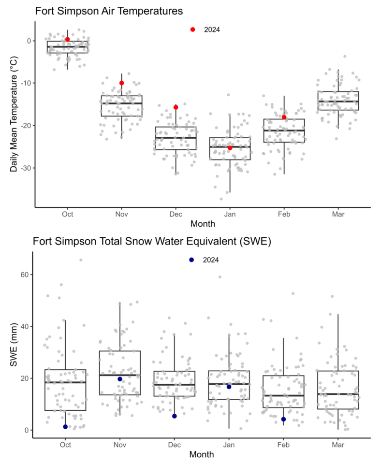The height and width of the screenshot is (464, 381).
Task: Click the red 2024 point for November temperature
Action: [x=122, y=83]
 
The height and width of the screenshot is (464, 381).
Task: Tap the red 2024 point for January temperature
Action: [x=230, y=148]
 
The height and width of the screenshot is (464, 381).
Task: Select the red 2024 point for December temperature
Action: [x=176, y=107]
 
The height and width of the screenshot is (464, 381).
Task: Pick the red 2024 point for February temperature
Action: [x=284, y=117]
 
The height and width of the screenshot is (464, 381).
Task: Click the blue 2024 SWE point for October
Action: [x=65, y=427]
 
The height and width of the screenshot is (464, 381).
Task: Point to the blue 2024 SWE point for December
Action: [x=175, y=416]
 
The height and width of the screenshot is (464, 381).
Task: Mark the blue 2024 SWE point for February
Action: [x=284, y=419]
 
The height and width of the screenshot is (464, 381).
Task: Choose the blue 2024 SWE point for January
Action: [x=229, y=387]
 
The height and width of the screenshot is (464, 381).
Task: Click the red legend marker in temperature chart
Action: [x=193, y=29]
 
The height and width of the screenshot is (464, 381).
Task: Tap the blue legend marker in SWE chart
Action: [x=192, y=260]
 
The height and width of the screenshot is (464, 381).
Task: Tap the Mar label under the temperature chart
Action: [x=338, y=214]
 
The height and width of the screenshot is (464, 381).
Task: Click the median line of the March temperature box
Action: [x=338, y=101]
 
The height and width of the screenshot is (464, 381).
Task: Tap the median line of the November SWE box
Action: [x=120, y=375]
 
